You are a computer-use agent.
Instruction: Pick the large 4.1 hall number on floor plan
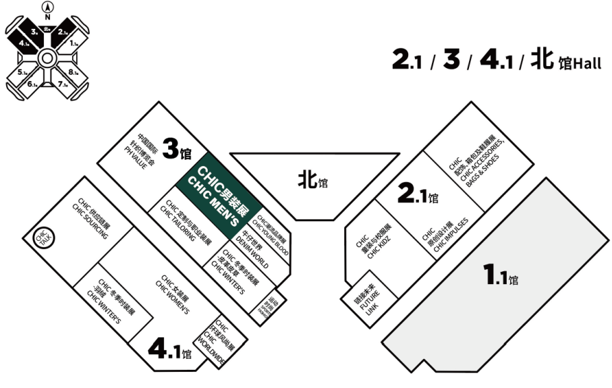[169, 350]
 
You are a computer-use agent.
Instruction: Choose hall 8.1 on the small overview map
[74, 72]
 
